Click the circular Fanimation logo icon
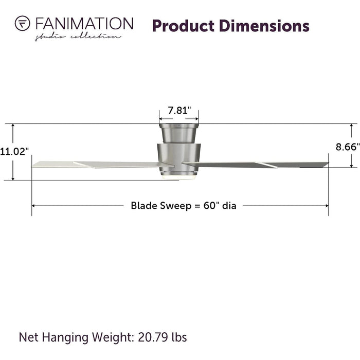(22, 23)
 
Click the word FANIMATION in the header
(84, 24)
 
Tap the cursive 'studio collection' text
(78, 37)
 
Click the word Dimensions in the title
(264, 26)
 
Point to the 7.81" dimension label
(179, 111)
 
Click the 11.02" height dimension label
(14, 152)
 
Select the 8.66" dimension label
(348, 147)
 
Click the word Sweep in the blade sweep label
(176, 206)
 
